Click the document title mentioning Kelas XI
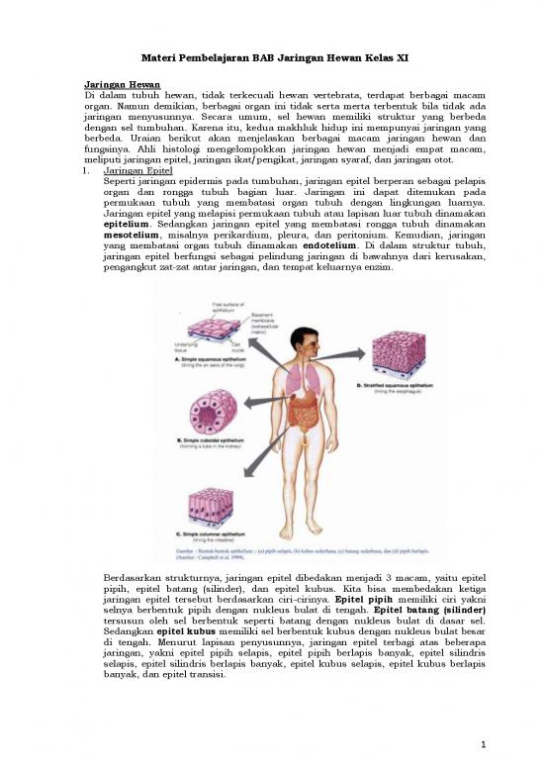271,58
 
